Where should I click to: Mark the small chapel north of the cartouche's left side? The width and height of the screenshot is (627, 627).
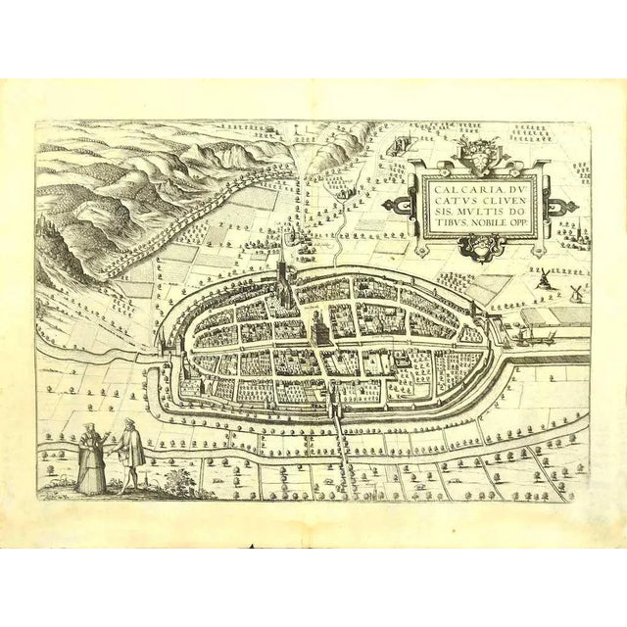coord(398,145)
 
